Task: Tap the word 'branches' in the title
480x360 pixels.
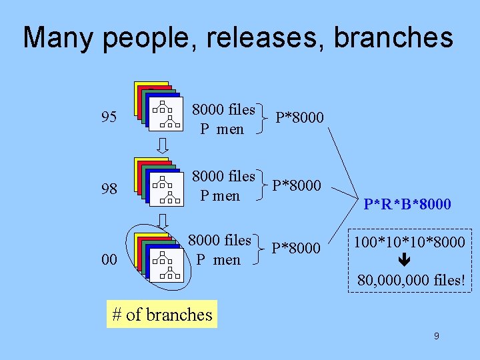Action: [x=393, y=38]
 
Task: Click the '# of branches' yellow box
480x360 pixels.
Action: [x=162, y=315]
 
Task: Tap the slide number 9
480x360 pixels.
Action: [x=436, y=336]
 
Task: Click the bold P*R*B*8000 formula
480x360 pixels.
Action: [x=407, y=205]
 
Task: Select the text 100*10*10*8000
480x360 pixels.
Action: [x=410, y=243]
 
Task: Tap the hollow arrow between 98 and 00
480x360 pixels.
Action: [x=163, y=221]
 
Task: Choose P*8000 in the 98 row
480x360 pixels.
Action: [x=297, y=185]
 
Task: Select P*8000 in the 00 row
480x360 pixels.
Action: [x=296, y=248]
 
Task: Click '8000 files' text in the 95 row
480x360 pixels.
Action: [x=224, y=109]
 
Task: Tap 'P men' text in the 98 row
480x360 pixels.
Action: [x=220, y=196]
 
